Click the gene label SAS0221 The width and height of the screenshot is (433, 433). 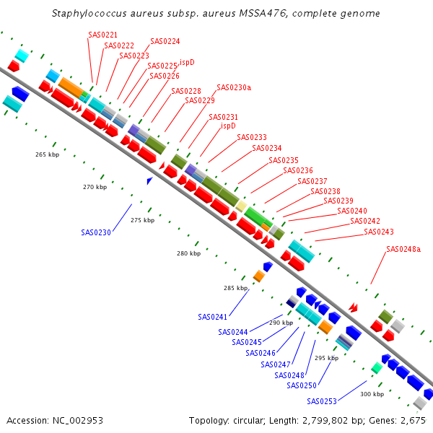click(x=102, y=35)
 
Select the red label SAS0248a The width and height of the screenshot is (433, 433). click(x=403, y=250)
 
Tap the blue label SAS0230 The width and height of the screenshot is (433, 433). click(x=96, y=232)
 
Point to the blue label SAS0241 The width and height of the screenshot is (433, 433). click(x=213, y=317)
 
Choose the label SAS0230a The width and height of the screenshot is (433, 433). click(x=234, y=87)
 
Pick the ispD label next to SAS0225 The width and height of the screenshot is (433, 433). click(x=187, y=62)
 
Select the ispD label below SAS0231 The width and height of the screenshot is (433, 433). click(x=228, y=126)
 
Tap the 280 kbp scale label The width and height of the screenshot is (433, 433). click(x=189, y=253)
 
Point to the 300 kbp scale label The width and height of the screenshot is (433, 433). click(x=372, y=394)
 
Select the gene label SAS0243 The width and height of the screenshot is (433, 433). click(x=379, y=232)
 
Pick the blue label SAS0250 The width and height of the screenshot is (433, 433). click(x=301, y=385)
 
